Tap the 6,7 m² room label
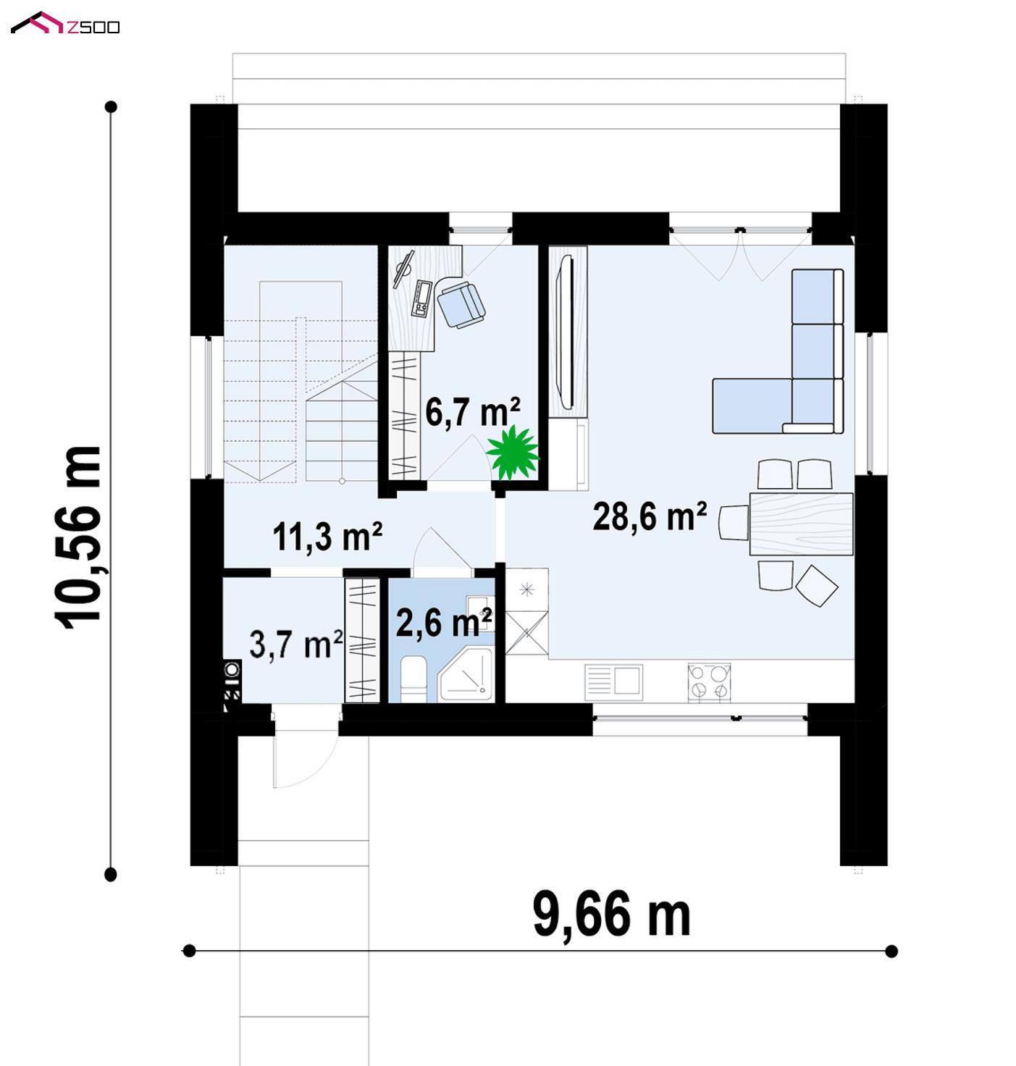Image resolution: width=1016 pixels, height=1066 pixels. [x=473, y=412]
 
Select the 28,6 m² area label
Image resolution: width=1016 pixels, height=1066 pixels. [x=650, y=516]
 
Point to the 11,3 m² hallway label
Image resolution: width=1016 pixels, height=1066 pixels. [x=327, y=537]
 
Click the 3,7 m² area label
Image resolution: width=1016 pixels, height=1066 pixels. [x=296, y=644]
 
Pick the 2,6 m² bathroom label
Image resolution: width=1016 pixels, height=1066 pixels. [x=444, y=623]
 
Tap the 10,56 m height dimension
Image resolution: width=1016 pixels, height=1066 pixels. [x=78, y=537]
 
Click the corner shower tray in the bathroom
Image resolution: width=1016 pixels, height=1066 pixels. [x=467, y=675]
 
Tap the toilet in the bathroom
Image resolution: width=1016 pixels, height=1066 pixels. [x=413, y=679]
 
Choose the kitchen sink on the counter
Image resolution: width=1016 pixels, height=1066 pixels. [x=613, y=682]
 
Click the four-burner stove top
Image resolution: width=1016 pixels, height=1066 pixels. [x=709, y=682]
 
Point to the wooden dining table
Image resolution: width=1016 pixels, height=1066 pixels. [x=802, y=524]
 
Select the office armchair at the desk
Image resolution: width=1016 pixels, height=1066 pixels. [x=461, y=304]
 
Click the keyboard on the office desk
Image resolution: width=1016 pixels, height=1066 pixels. [x=421, y=299]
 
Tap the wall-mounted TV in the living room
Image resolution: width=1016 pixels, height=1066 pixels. [x=566, y=332]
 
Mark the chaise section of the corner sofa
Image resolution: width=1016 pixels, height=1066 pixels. [x=752, y=406]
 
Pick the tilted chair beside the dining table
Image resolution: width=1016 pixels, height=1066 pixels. [x=816, y=586]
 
